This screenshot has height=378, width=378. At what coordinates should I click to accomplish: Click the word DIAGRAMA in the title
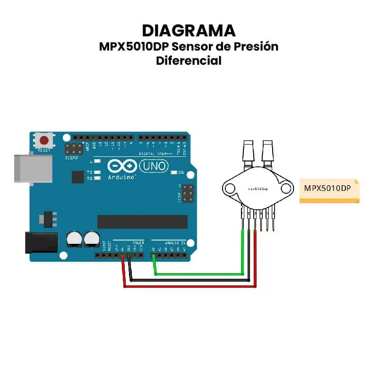click(189, 30)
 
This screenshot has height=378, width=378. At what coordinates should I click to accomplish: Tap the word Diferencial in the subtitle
click(189, 60)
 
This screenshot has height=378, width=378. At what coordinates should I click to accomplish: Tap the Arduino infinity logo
click(122, 166)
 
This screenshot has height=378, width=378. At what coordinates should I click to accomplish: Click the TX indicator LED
click(97, 172)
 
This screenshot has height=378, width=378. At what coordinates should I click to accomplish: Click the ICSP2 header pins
click(74, 150)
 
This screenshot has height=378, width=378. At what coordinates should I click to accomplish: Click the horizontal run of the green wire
click(198, 274)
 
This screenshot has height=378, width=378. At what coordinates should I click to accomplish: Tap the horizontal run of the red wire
click(189, 286)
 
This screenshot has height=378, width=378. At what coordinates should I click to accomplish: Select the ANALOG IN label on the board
click(175, 243)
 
